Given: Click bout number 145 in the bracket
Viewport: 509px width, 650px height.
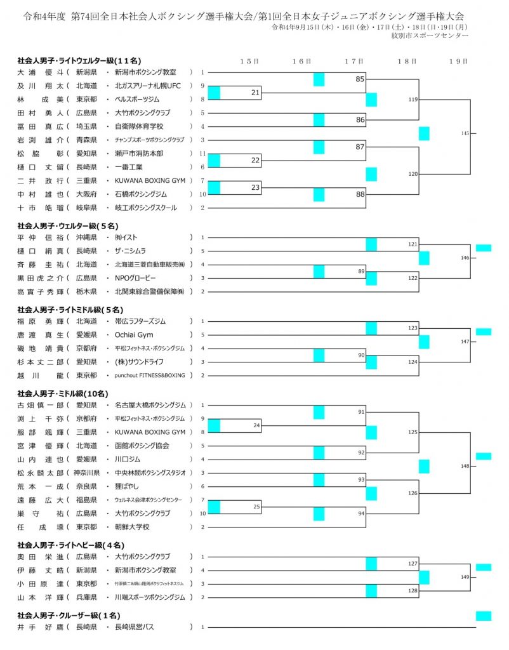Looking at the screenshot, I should pyautogui.click(x=465, y=133).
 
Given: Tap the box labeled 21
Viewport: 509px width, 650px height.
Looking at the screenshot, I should pyautogui.click(x=255, y=93).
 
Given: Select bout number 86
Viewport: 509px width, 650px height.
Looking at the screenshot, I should pyautogui.click(x=360, y=119).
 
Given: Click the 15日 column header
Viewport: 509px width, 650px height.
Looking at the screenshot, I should pyautogui.click(x=249, y=62).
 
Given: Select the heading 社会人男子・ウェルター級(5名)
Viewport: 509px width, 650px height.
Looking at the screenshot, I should pyautogui.click(x=68, y=225).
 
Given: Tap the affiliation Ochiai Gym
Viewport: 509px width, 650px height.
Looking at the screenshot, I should pyautogui.click(x=134, y=335).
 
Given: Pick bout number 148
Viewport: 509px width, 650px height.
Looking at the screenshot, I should pyautogui.click(x=465, y=466).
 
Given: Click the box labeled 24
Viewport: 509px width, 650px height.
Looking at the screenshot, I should pyautogui.click(x=256, y=425).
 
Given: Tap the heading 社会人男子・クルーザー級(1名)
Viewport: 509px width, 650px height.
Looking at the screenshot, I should pyautogui.click(x=68, y=614).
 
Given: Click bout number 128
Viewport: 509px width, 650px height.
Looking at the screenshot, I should pyautogui.click(x=413, y=590).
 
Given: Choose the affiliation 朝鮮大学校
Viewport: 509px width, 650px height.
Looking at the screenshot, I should pyautogui.click(x=136, y=526).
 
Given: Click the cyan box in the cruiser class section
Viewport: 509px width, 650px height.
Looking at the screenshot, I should pyautogui.click(x=484, y=616).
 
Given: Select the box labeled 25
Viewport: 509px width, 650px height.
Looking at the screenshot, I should pyautogui.click(x=256, y=507).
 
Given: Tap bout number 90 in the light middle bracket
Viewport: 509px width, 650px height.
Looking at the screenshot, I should pyautogui.click(x=360, y=355).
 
